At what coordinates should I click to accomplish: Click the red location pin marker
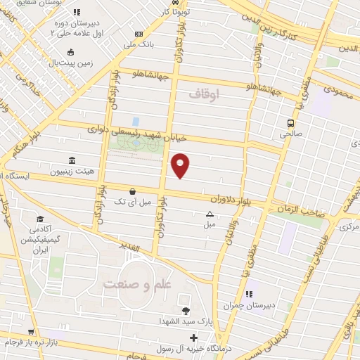click(x=181, y=165)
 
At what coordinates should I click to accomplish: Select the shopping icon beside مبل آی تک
click(x=132, y=191)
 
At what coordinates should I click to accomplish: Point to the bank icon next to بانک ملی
click(x=139, y=34)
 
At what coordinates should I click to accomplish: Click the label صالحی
click(x=290, y=131)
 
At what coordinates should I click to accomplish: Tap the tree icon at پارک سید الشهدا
click(x=186, y=311)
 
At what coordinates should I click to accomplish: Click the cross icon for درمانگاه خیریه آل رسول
click(x=194, y=337)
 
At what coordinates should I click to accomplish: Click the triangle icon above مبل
click(x=209, y=214)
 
